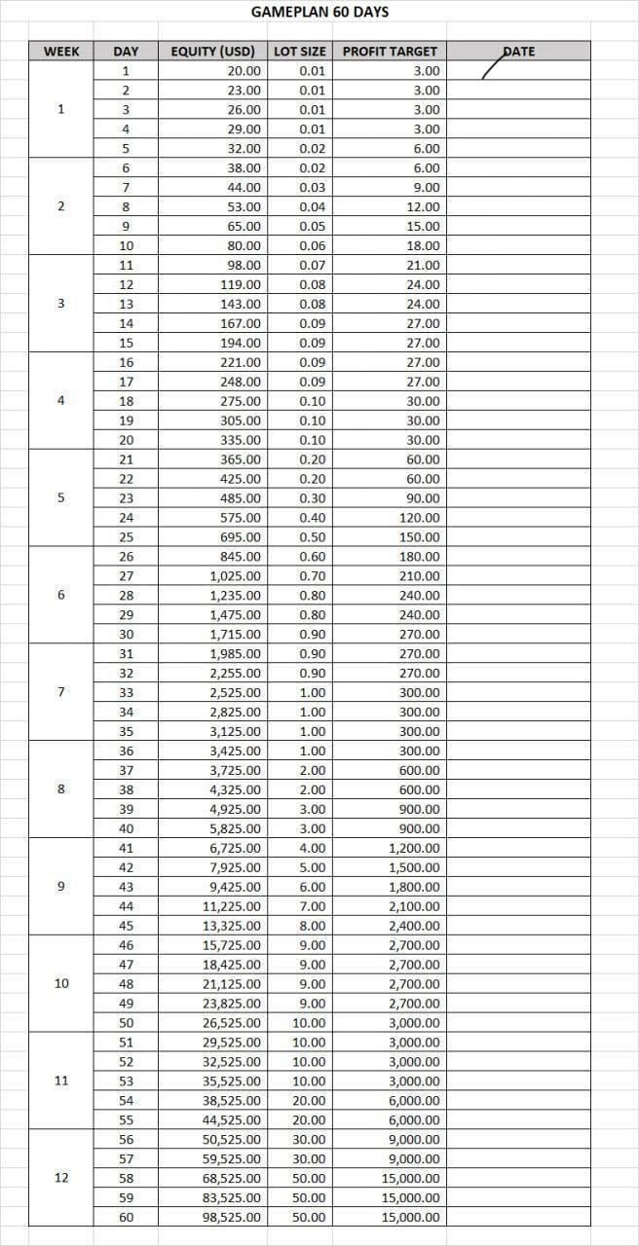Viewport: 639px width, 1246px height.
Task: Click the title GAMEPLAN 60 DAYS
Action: pos(319,13)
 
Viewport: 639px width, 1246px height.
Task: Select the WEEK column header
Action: pos(61,51)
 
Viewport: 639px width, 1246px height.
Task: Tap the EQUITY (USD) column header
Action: pos(212,51)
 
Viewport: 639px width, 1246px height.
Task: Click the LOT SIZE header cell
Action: pos(300,51)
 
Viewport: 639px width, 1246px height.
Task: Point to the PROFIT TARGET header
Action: pos(390,51)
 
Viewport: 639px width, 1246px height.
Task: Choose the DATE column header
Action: pos(518,51)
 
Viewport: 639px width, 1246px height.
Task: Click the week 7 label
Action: pos(61,692)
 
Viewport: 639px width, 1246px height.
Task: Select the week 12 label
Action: pos(61,1178)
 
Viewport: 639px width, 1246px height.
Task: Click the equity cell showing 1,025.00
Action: pos(236,576)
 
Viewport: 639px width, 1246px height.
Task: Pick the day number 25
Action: pos(126,537)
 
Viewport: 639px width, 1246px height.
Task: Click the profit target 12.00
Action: pos(423,206)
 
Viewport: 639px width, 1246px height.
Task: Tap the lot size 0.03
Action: pos(313,187)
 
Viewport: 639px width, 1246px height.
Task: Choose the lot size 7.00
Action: pos(313,906)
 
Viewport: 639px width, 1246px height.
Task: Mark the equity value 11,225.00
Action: pos(232,906)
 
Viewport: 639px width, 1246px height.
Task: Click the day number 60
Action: pos(126,1217)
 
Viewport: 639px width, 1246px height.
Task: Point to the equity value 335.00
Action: pos(241,440)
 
